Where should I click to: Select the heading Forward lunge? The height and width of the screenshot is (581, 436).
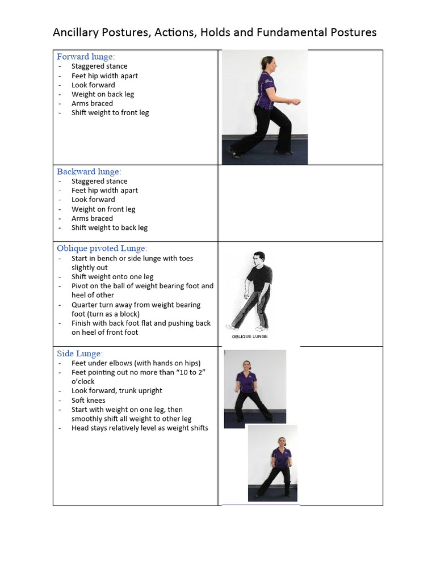pos(86,57)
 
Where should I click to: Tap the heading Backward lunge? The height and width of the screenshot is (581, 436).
pos(89,171)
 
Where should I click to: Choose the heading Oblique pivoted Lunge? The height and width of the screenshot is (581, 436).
pos(102,248)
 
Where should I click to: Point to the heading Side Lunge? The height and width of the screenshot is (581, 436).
pos(79,353)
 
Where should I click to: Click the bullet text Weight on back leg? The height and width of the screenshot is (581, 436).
pos(103,94)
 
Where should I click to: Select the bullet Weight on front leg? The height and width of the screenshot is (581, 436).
pos(103,209)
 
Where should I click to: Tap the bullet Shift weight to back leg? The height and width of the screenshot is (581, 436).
pos(110,228)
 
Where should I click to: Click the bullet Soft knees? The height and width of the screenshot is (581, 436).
pos(89,400)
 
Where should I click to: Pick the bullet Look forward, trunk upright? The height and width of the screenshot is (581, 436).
pos(117,390)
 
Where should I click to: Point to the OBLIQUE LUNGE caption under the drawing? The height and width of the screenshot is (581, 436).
pos(249,336)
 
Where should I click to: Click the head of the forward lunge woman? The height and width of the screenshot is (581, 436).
pos(267,64)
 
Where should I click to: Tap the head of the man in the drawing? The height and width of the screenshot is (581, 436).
pos(259,259)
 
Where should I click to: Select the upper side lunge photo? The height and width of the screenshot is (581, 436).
pos(255,389)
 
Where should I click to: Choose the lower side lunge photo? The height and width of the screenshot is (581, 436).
pos(272,464)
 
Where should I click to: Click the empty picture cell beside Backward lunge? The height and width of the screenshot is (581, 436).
pos(300,203)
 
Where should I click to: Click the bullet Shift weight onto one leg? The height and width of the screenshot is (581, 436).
pos(112,277)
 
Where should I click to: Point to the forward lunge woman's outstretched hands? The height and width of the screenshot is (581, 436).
pos(293,102)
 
